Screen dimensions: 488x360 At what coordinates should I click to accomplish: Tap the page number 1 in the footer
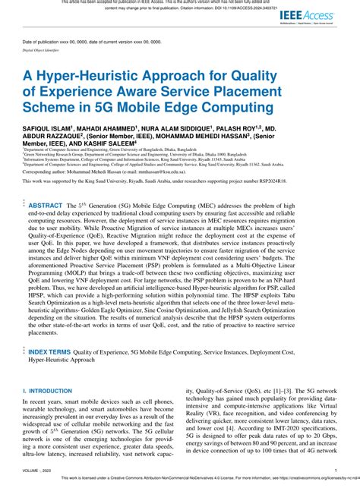335,471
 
